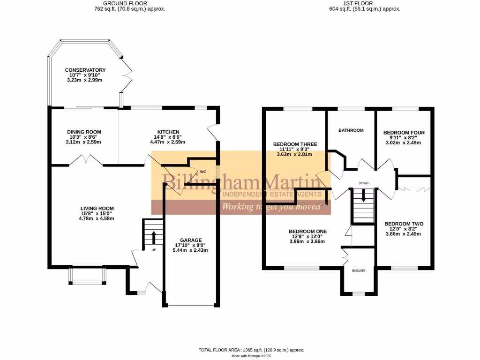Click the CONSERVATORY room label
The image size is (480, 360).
85,70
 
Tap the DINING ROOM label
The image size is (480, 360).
84,132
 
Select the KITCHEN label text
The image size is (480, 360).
168,132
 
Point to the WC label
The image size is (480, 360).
203,172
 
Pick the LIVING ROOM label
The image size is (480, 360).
97,208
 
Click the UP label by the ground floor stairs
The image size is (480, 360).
153,249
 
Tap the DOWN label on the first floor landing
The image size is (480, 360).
364,183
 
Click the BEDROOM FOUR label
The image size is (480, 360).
402,133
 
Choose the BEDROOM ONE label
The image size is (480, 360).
307,231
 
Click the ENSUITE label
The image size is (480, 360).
359,270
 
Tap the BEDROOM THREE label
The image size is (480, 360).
295,144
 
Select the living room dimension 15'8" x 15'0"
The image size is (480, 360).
97,213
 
